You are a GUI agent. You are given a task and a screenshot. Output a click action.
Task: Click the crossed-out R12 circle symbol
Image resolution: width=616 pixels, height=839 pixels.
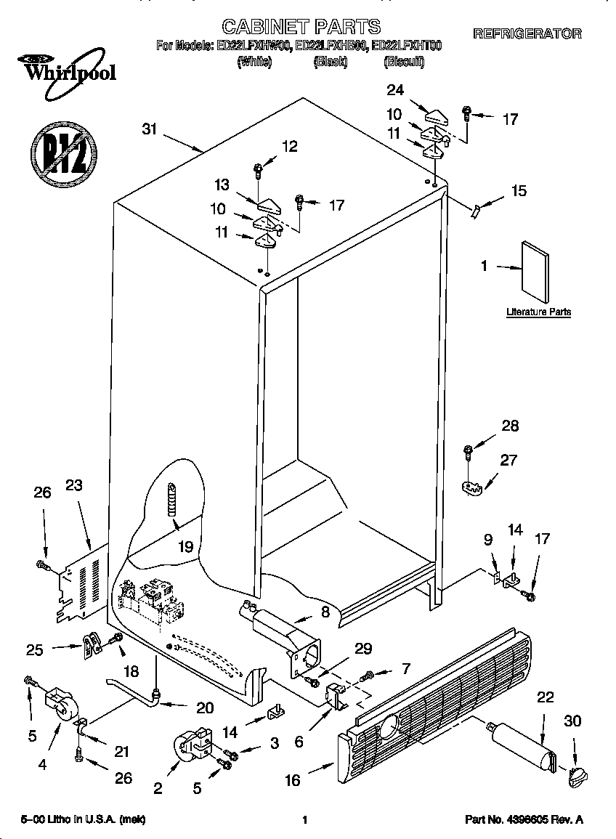point(63,154)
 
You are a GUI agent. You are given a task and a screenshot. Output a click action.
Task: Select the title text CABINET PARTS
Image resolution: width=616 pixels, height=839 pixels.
point(301,27)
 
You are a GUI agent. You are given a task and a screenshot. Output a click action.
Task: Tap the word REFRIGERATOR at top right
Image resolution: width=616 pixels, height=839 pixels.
point(527,33)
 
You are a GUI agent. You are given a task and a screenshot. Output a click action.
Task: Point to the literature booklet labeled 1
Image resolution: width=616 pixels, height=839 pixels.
point(535,270)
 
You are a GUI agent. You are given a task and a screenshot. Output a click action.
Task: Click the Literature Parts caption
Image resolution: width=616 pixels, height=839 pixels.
point(538,312)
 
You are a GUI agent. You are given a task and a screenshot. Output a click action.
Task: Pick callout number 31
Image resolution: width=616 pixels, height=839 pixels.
point(150,129)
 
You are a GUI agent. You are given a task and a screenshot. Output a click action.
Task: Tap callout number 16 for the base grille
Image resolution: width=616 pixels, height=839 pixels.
point(293,780)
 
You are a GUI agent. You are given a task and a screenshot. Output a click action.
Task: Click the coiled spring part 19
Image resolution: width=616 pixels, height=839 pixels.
point(172,499)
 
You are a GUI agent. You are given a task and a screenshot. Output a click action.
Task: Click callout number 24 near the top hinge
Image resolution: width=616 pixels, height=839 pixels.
point(395,91)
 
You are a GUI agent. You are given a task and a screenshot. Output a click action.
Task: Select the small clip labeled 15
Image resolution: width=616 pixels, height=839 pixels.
point(475,210)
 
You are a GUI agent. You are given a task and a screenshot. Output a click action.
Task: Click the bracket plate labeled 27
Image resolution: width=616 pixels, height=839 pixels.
point(473,485)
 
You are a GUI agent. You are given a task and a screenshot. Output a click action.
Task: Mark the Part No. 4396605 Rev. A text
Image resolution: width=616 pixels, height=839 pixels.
point(524,820)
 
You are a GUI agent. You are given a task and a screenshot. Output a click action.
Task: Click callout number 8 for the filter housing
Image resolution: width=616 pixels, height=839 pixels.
point(325,612)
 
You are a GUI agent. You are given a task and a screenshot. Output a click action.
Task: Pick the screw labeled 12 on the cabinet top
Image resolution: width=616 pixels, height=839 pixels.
point(258,171)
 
